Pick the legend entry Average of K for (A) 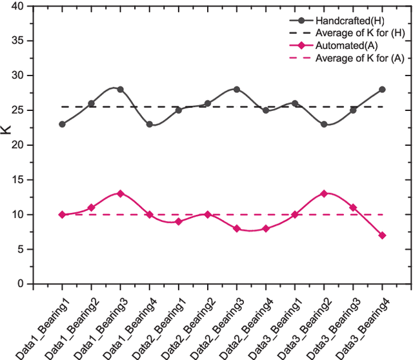359,58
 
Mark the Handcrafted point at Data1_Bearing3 120,89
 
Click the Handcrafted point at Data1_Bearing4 149,124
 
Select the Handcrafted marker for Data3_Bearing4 382,89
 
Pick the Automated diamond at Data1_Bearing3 120,194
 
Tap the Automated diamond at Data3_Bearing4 382,235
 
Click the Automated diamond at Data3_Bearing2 324,194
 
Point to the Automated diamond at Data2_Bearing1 178,221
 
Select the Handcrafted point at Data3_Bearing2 324,124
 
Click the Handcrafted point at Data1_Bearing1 62,124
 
